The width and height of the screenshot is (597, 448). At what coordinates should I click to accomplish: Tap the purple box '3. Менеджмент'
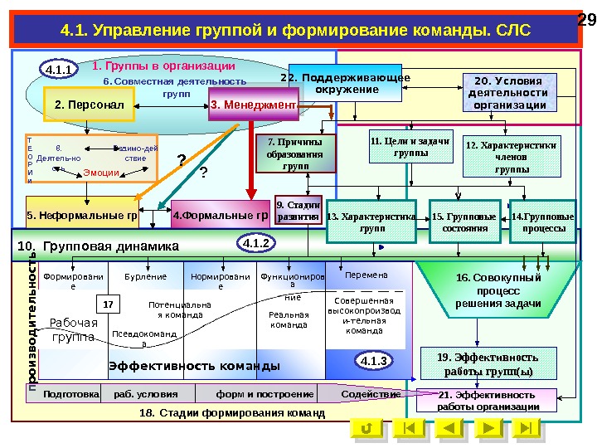(253, 105)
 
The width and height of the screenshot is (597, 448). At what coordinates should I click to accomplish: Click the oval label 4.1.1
(60, 71)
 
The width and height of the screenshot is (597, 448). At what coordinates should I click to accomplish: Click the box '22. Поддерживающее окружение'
(345, 84)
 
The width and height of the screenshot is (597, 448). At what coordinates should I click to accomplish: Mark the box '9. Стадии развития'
(297, 211)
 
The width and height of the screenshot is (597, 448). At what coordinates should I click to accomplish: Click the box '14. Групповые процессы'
(543, 221)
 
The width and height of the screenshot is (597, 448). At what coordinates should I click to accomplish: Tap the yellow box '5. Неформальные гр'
(81, 217)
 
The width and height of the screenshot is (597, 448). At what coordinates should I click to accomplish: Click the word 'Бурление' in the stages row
(145, 276)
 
